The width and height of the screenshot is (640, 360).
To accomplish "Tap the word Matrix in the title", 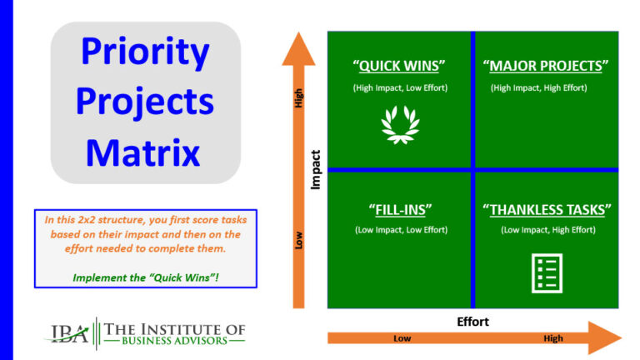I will pos(143,152).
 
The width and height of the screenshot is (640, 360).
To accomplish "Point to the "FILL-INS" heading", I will pos(400,208).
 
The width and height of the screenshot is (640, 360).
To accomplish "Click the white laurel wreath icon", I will pos(400,124).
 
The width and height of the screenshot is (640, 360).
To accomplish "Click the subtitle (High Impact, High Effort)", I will pos(546,87).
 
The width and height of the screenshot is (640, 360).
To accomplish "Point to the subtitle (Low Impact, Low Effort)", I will pos(400,229).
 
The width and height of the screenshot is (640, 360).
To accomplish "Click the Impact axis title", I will pos(316,170).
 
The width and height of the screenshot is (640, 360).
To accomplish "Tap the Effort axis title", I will pos(473,321).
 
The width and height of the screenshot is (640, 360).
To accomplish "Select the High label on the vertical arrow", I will pos(298,98).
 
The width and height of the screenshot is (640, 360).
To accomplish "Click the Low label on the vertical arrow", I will pos(298,240).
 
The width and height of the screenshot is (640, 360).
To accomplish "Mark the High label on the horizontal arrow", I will pos(552,338).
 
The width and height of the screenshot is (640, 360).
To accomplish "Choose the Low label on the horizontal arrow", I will pos(402,338).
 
